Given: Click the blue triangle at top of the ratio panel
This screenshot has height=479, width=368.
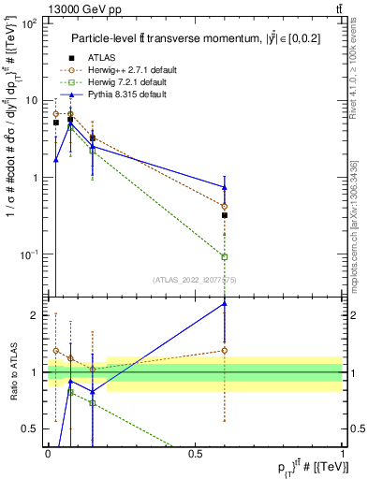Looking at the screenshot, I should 225,303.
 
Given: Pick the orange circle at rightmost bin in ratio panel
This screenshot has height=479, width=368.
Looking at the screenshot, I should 225,351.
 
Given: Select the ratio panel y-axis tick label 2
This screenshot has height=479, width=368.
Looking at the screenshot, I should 35,315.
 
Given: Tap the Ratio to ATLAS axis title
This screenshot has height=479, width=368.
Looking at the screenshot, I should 11,372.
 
